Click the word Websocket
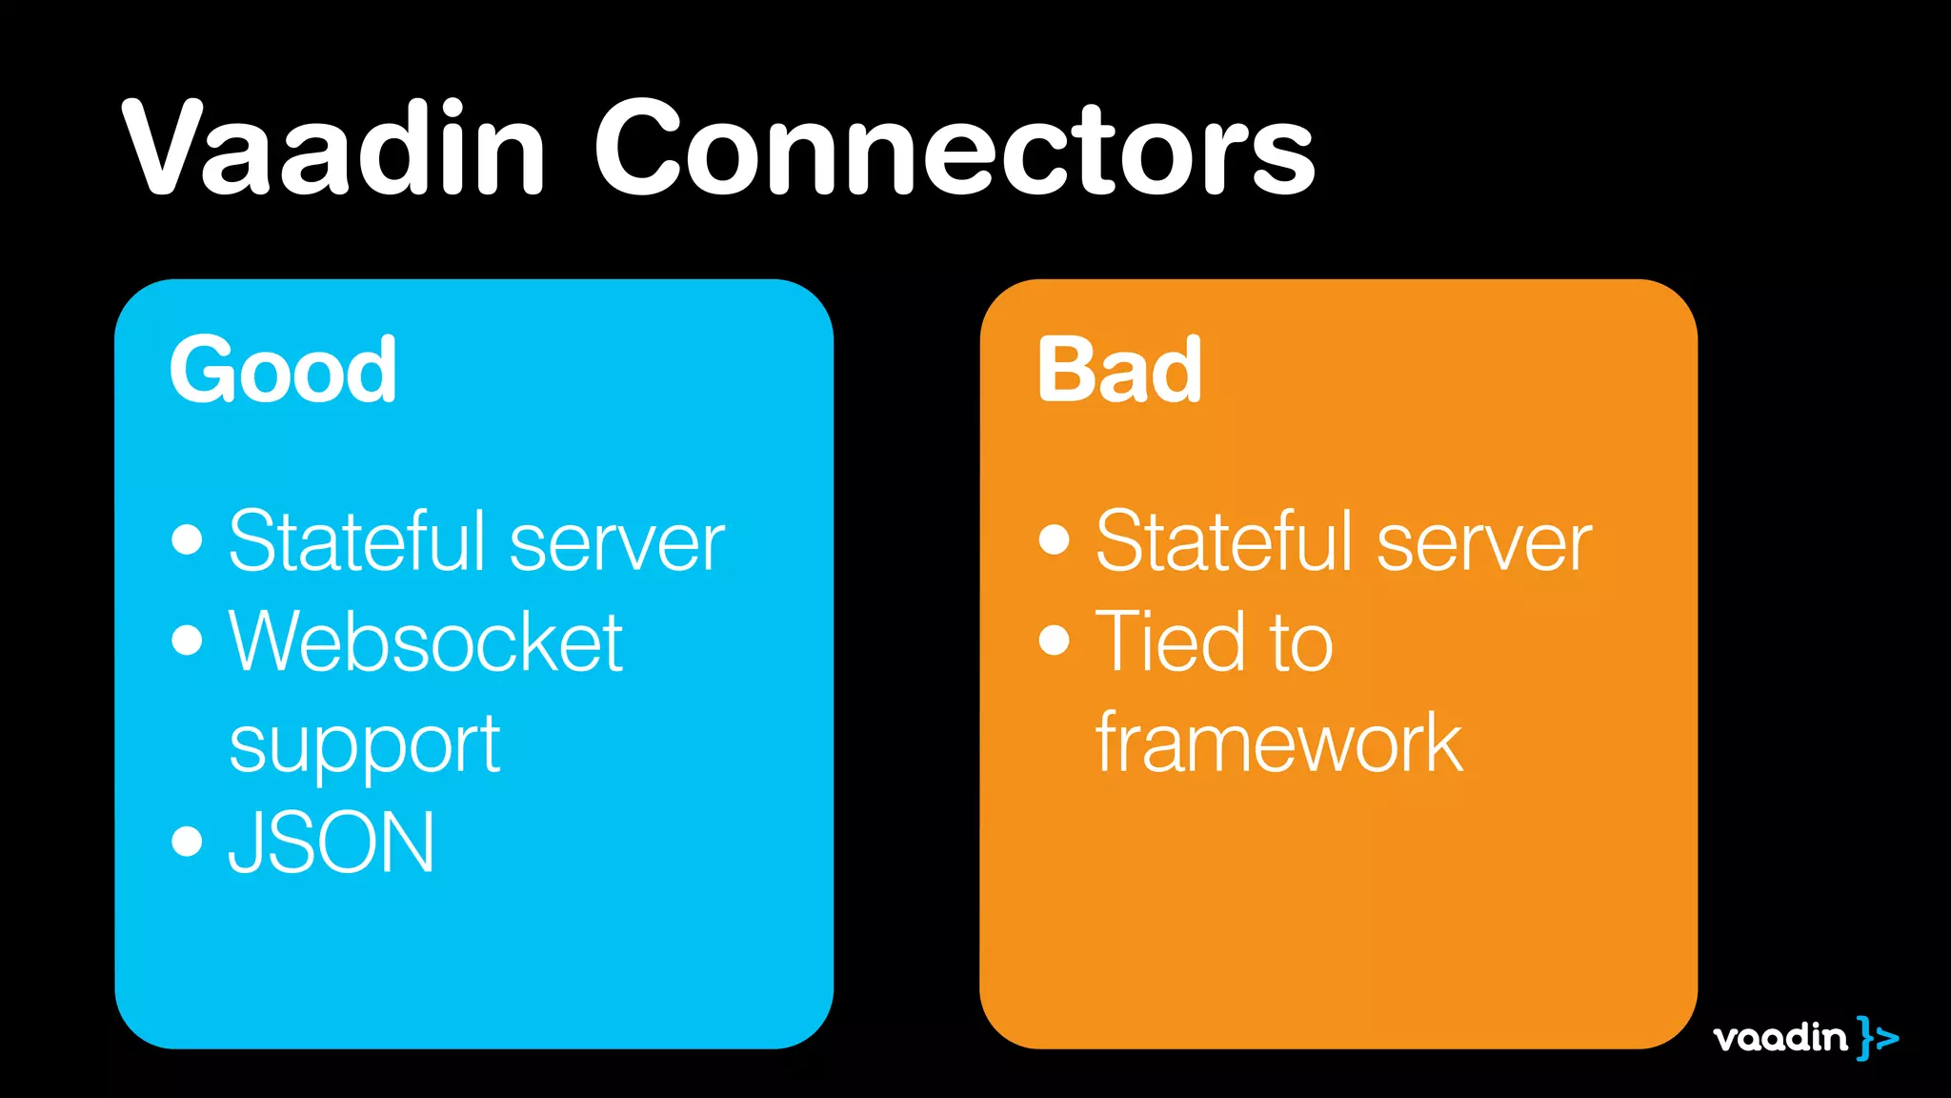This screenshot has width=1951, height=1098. point(426,642)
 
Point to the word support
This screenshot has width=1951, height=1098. point(365,745)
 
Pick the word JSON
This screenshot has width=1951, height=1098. point(332,843)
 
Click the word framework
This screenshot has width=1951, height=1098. point(1278,742)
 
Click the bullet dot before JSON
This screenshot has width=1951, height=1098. point(188,842)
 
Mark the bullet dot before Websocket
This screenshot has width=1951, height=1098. point(188,640)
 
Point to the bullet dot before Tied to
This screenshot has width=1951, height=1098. point(1055,640)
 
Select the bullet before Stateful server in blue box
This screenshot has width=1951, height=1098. point(188,539)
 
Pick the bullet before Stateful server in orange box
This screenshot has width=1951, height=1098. point(1055,539)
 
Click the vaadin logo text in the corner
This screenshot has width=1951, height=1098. point(1780,1037)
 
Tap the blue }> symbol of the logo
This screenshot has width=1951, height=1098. point(1877,1037)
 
